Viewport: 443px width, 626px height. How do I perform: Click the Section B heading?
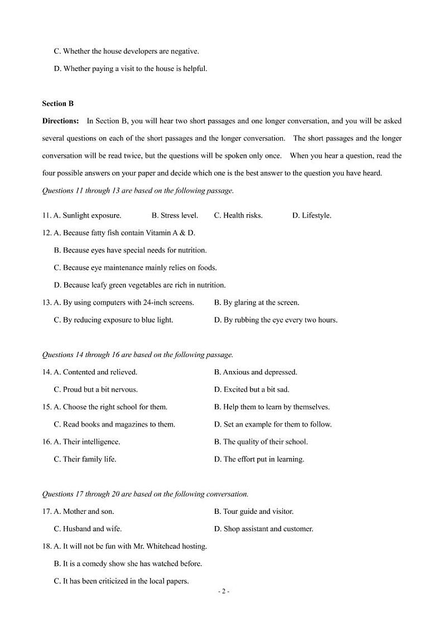(57, 103)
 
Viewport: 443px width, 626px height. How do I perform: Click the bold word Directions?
(60, 121)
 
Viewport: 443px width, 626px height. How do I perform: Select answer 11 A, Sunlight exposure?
(87, 215)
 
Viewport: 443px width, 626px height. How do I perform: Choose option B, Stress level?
(175, 215)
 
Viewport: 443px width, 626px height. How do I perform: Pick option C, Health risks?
(238, 215)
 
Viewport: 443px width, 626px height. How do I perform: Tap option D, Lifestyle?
(311, 215)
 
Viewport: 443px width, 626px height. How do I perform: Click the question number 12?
(46, 233)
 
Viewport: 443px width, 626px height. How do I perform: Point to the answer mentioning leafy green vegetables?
(139, 285)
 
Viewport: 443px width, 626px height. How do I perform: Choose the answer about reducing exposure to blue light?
(113, 320)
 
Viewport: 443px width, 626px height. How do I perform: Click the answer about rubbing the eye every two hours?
(276, 320)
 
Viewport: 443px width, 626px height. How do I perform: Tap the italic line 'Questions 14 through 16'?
(137, 355)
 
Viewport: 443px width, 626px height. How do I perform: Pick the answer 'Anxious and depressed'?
(256, 372)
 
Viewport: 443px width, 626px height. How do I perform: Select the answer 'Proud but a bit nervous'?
(95, 389)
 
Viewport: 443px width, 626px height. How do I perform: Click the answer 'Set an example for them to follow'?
(273, 424)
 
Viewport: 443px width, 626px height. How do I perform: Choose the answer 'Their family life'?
(85, 459)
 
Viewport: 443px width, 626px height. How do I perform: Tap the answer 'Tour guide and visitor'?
(254, 511)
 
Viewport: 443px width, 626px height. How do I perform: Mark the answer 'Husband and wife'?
(88, 528)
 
